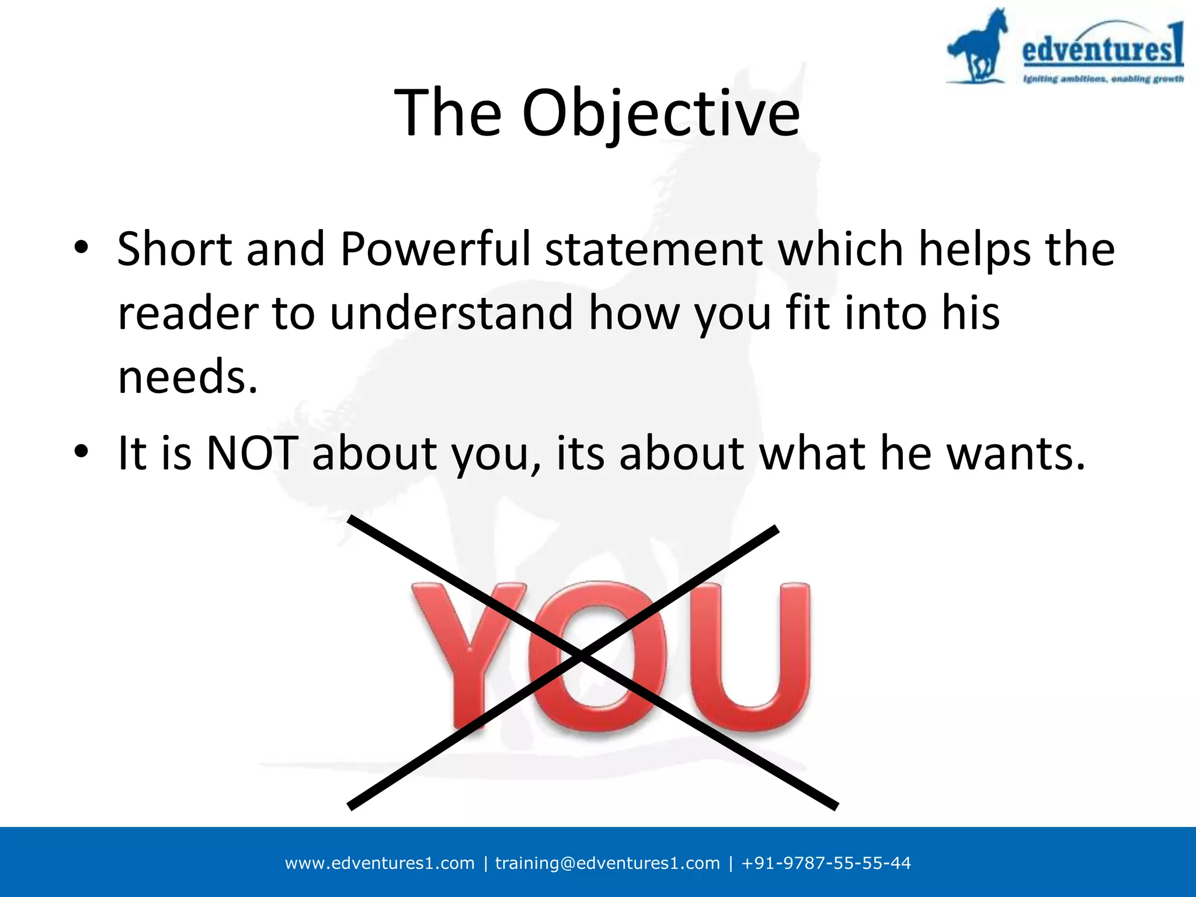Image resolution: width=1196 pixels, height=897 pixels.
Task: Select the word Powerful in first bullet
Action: (436, 249)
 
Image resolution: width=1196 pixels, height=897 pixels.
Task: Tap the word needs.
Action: (187, 377)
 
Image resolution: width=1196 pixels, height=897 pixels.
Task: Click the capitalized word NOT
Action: (252, 453)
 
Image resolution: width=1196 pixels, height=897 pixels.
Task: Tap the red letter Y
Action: (467, 648)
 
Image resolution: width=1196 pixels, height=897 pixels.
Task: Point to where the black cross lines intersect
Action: (581, 657)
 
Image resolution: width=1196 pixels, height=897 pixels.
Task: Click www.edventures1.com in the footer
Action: (380, 863)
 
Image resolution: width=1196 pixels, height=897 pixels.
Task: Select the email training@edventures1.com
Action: (607, 863)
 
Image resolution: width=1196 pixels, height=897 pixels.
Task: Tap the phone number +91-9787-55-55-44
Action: (826, 863)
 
